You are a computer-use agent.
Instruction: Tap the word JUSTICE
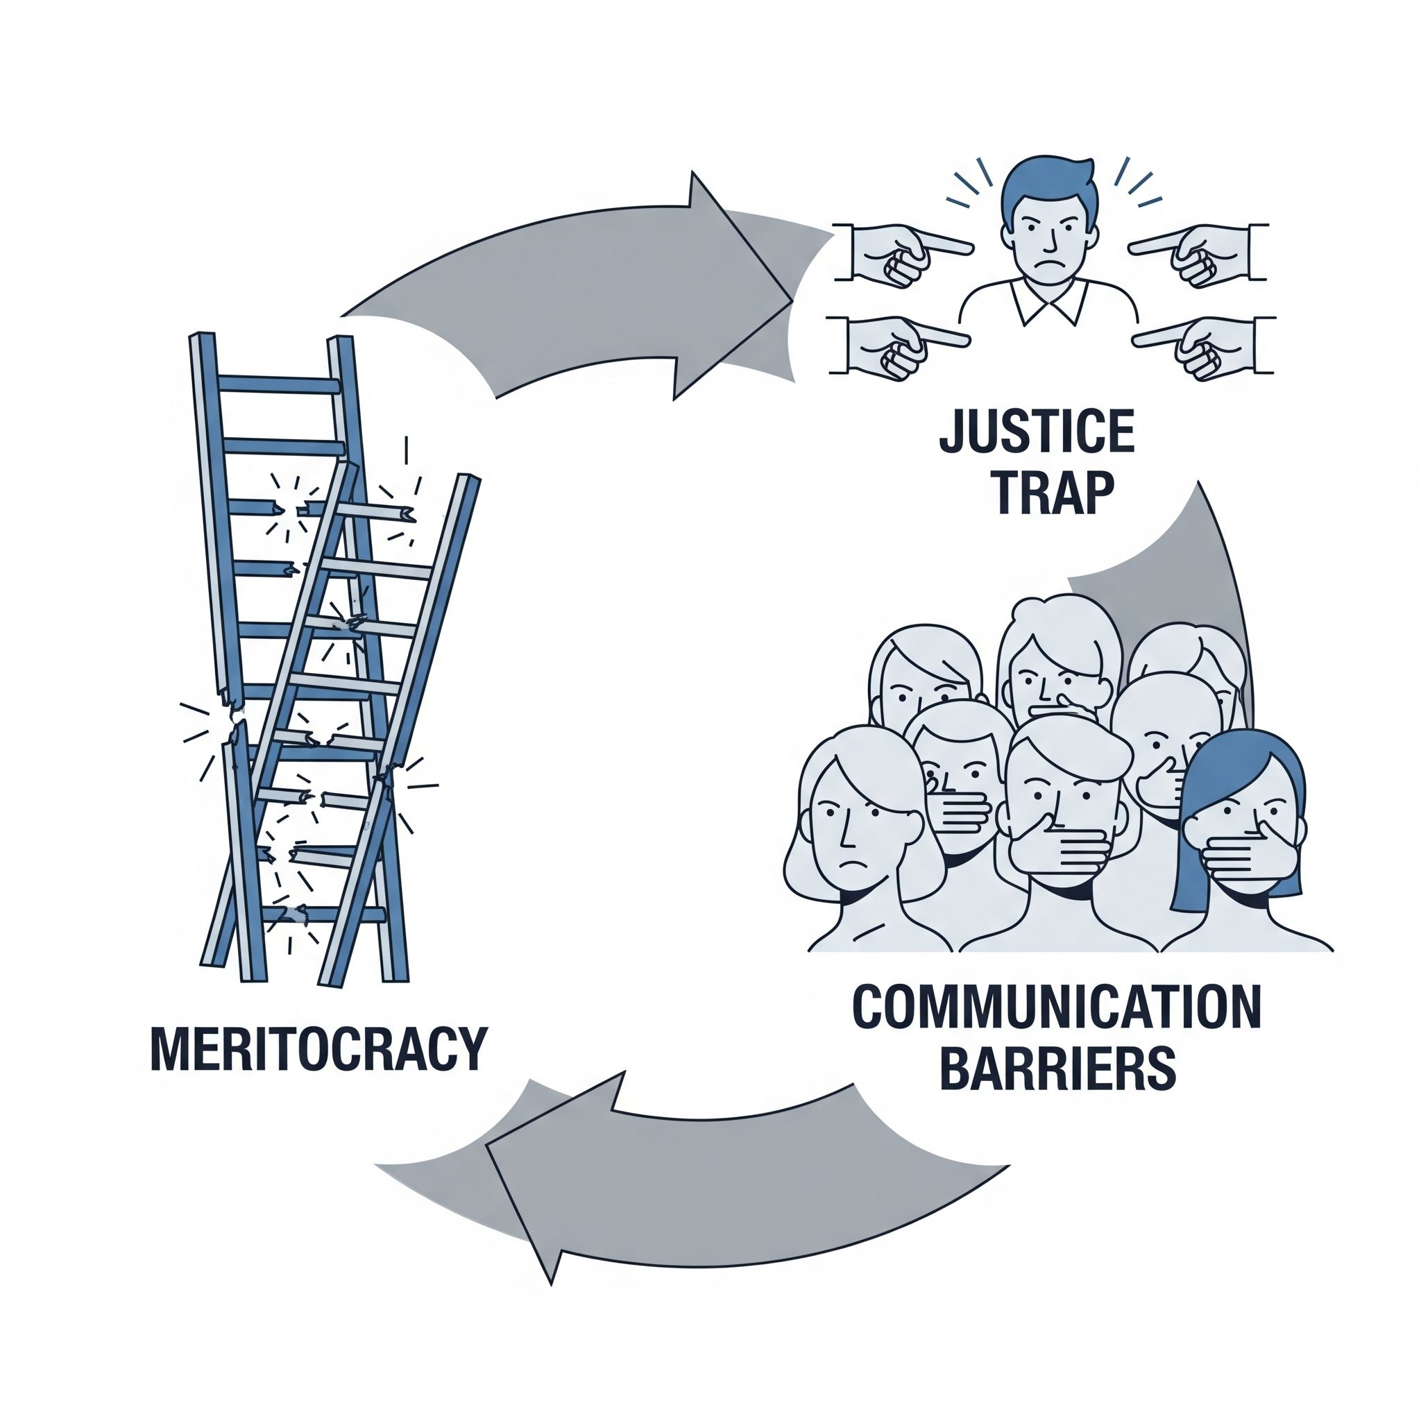(x=1037, y=433)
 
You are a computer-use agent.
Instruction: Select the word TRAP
(x=1037, y=493)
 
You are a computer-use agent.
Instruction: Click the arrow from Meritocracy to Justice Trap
(x=588, y=294)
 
